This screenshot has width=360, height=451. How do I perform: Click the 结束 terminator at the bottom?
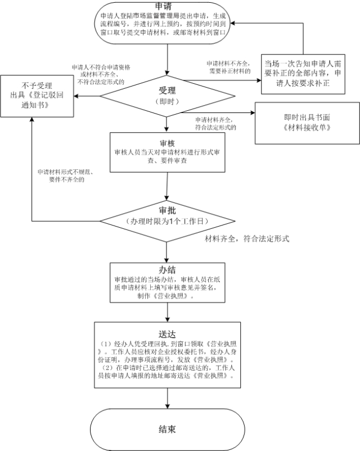click(x=166, y=429)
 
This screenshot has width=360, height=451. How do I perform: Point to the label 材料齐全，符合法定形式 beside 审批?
click(x=246, y=239)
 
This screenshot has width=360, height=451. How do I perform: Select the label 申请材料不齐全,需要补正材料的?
click(x=227, y=68)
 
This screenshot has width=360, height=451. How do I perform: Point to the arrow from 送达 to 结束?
click(x=167, y=398)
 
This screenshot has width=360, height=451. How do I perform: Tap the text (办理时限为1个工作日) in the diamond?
click(x=166, y=221)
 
